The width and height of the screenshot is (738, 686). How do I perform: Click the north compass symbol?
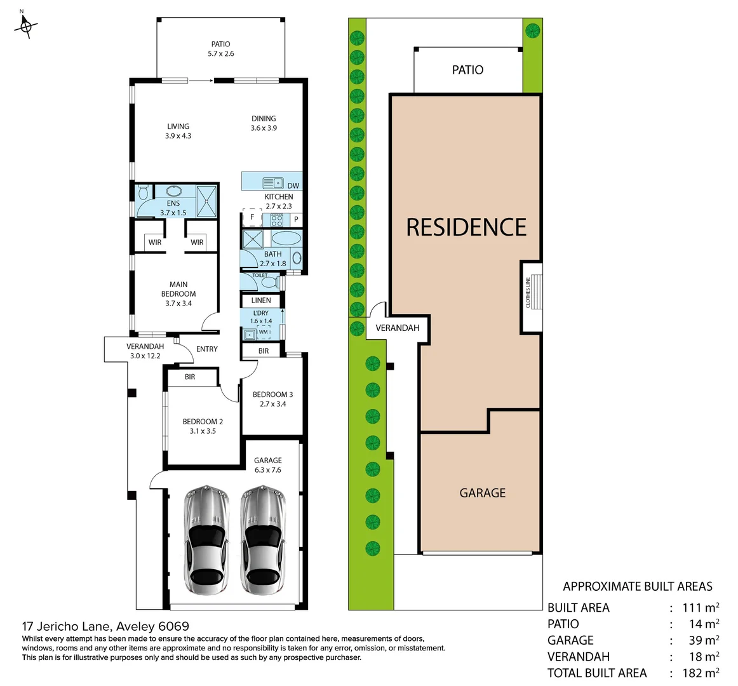pos(26,25)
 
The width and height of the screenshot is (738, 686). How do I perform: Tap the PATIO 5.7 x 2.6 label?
pos(220,49)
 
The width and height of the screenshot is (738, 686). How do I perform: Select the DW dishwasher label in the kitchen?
pos(293,185)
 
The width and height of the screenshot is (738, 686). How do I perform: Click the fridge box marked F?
pos(252,217)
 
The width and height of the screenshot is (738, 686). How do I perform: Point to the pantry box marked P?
pos(296,220)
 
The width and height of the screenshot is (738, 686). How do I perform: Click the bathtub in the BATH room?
pos(287,239)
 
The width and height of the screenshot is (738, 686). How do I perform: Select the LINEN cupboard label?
pos(261,300)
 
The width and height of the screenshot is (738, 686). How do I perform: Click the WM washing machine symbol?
pos(264,332)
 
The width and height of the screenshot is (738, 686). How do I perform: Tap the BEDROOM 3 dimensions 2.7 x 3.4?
pos(272,404)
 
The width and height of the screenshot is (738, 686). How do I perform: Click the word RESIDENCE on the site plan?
pos(466,227)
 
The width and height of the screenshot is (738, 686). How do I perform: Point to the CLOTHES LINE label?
pos(528,293)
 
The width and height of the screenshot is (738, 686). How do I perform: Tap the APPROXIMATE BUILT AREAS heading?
pos(638,587)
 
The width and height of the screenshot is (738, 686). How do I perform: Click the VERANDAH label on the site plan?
pos(398,328)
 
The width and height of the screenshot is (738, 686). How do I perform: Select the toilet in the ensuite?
pos(143,192)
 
